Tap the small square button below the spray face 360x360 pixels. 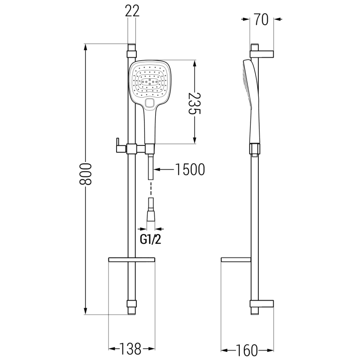150,104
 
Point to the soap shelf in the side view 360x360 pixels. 237,260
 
